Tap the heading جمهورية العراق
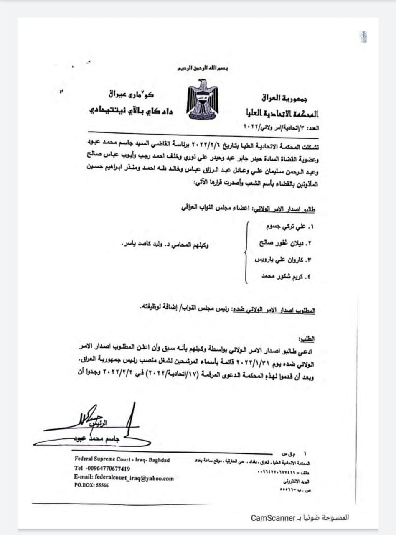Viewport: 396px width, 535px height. pyautogui.click(x=285, y=99)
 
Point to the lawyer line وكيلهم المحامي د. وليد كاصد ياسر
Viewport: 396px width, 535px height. pyautogui.click(x=165, y=244)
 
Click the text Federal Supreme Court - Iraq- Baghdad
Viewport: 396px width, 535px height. pyautogui.click(x=122, y=459)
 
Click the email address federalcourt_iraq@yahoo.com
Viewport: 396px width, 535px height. pyautogui.click(x=123, y=478)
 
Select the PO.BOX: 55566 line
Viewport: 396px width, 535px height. pyautogui.click(x=91, y=486)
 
